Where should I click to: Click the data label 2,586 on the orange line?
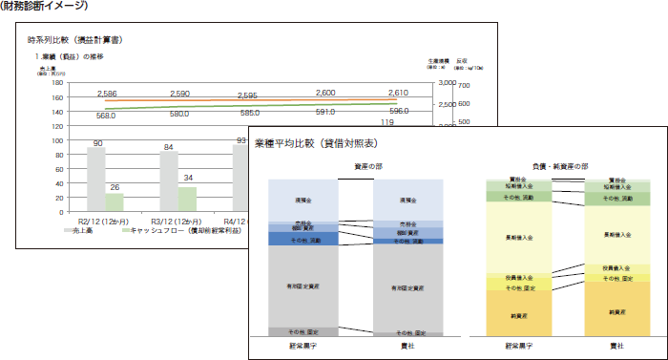(107, 95)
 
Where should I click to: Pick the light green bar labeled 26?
(115, 202)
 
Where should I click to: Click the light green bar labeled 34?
(187, 199)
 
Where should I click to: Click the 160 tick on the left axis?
(57, 97)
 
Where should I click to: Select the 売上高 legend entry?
(81, 230)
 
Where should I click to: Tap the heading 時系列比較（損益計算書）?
(74, 40)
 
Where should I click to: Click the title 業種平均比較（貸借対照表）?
(316, 143)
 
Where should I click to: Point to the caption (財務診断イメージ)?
(46, 6)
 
